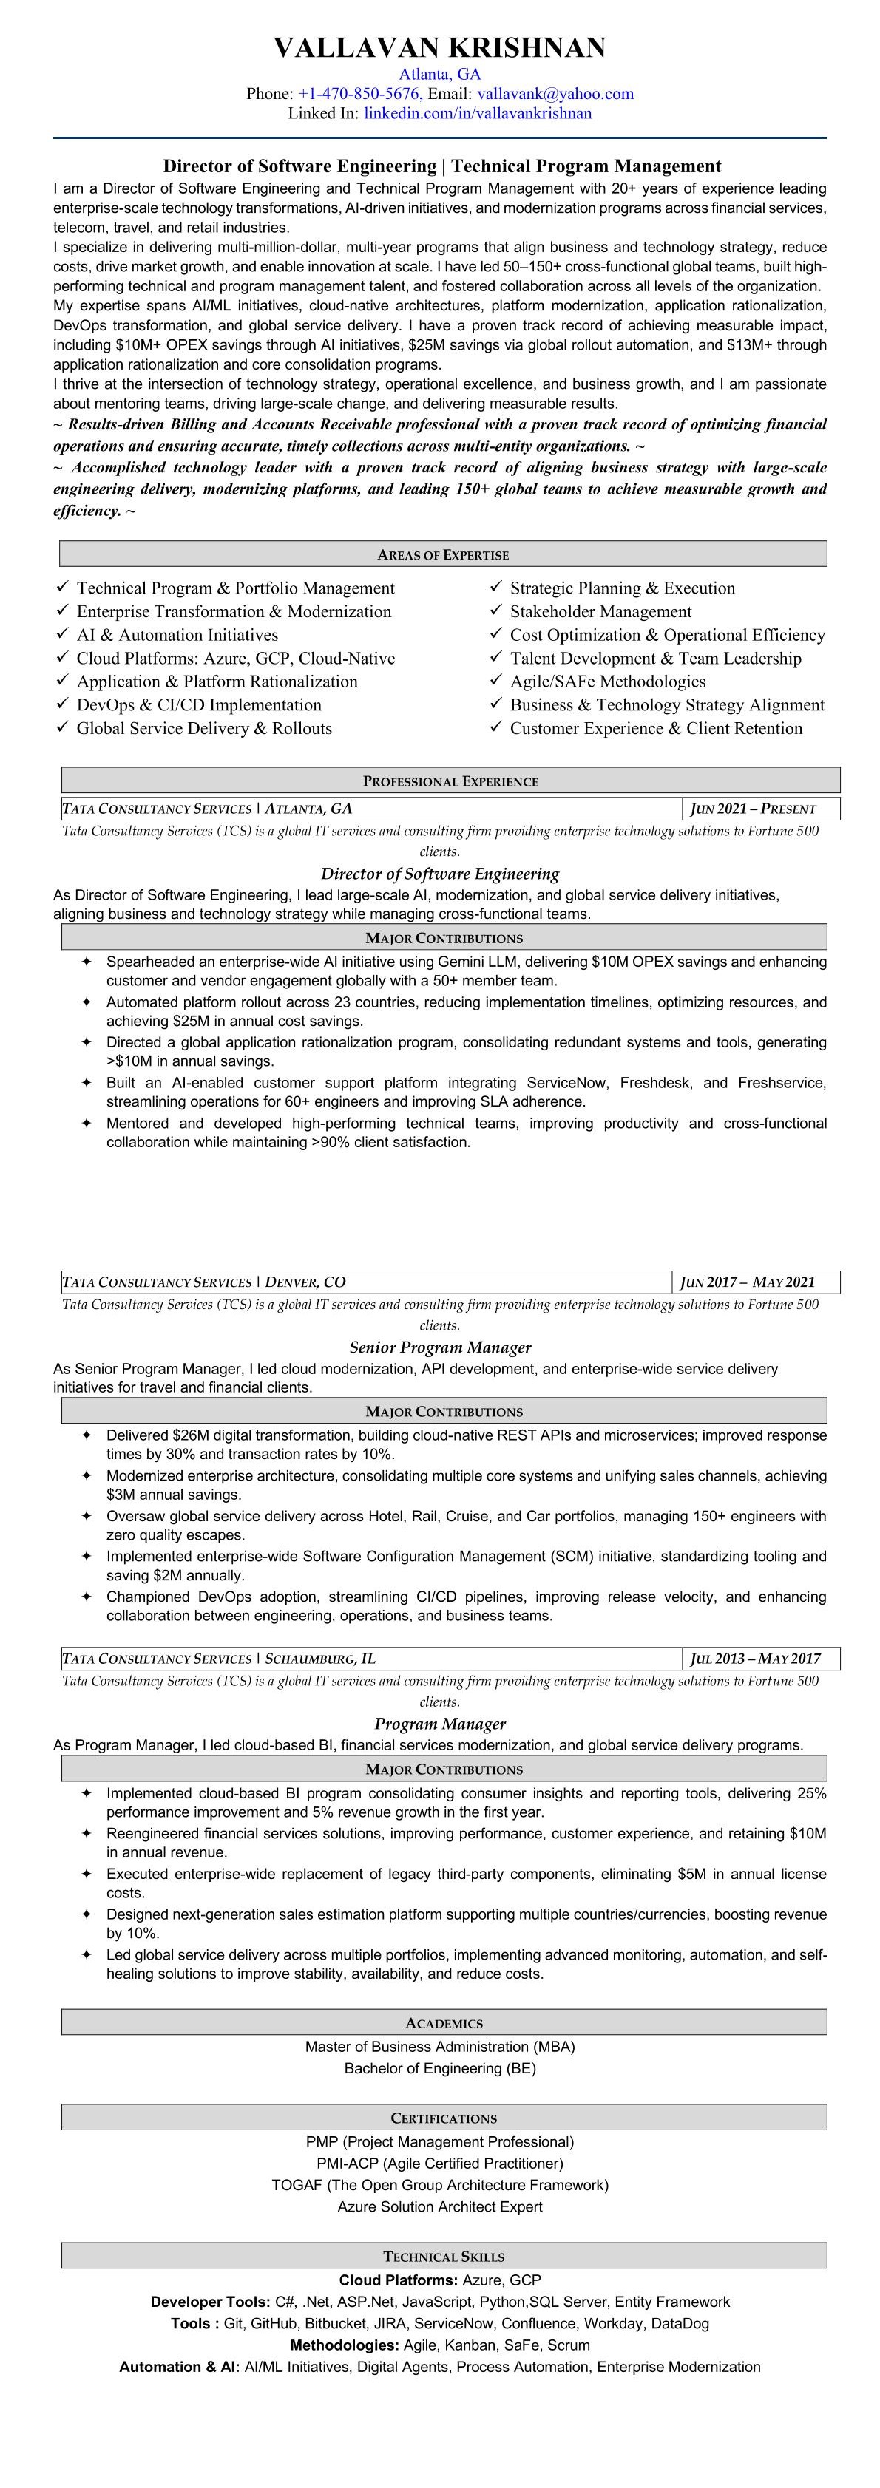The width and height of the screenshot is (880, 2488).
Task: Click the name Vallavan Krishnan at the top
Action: (x=439, y=47)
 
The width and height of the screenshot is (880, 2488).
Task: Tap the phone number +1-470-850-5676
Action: (x=359, y=94)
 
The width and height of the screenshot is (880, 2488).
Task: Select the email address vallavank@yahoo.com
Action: (x=555, y=94)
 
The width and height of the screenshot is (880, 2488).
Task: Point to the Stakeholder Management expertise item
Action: (x=600, y=611)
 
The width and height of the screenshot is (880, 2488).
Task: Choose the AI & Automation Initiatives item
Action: (x=177, y=634)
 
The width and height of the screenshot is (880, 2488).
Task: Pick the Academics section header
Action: (x=444, y=2022)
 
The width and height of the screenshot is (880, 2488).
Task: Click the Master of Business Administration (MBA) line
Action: (x=439, y=2047)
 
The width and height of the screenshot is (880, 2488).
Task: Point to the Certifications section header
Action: (x=444, y=2118)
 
